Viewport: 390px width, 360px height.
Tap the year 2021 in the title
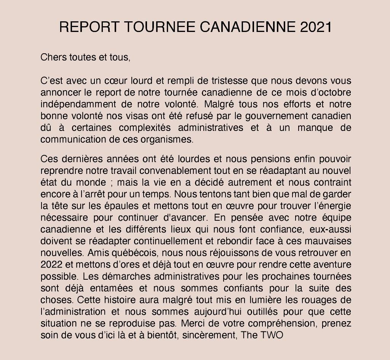point(316,27)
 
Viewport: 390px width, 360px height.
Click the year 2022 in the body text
point(51,264)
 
